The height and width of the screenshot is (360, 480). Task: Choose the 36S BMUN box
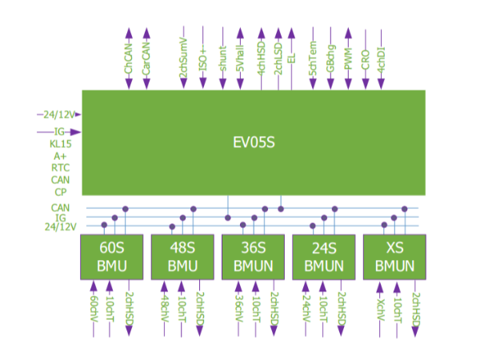tap(254, 256)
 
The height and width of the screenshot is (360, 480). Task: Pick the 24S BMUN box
tap(325, 256)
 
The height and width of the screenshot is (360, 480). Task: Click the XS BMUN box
tap(395, 256)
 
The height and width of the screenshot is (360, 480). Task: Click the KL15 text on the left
tap(61, 145)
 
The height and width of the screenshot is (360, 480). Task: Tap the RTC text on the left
tap(61, 168)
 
